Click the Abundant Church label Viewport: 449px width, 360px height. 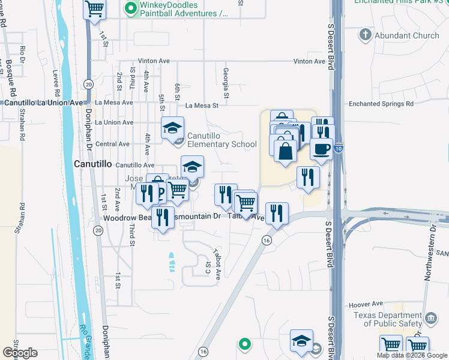coord(407,35)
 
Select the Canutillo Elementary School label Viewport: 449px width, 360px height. coord(222,140)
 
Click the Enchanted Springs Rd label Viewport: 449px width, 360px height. coord(382,104)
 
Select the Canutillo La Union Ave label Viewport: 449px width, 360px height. coord(43,103)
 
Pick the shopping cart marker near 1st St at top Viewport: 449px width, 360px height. coord(94,10)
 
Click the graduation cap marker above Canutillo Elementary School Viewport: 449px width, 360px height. coord(172,127)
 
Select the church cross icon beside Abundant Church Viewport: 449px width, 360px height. coord(366,35)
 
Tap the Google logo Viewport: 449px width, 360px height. coord(20,352)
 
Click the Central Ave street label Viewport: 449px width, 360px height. coord(112,144)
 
